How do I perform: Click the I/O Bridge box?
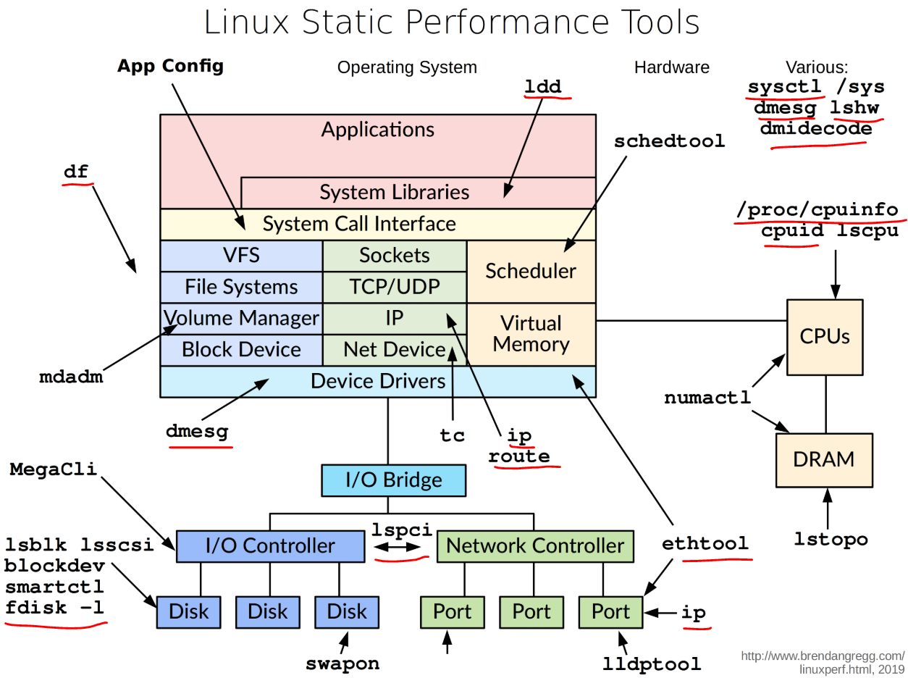(x=393, y=480)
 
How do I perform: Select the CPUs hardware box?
(x=825, y=337)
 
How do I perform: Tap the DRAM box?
(x=824, y=459)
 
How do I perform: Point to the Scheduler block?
(x=531, y=271)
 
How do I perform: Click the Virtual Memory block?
(x=531, y=334)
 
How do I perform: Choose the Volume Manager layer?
(x=241, y=318)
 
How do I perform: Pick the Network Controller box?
(x=535, y=545)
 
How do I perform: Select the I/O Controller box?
(x=270, y=545)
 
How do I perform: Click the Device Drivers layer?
(x=377, y=381)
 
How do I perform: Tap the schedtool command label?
(x=669, y=141)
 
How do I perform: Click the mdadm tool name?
(x=71, y=377)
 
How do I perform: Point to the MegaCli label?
(x=54, y=469)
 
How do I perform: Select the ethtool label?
(x=705, y=544)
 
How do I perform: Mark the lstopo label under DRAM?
(x=831, y=539)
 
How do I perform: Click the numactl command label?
(x=707, y=398)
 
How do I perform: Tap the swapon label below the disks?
(x=342, y=663)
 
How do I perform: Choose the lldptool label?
(x=652, y=664)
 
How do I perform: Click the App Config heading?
(x=170, y=67)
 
